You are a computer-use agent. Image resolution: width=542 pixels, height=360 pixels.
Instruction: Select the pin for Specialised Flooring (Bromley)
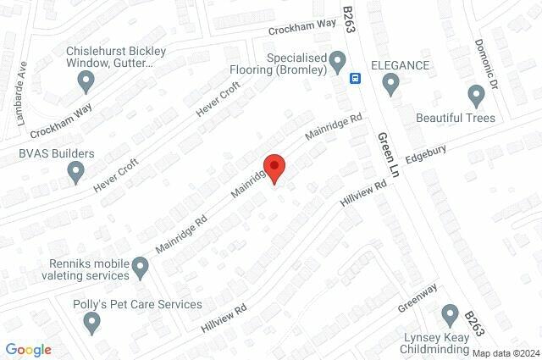pyautogui.click(x=338, y=61)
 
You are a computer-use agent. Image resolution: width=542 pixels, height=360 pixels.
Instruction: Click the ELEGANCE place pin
pyautogui.click(x=390, y=83)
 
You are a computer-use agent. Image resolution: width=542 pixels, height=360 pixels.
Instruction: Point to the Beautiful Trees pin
pyautogui.click(x=475, y=95)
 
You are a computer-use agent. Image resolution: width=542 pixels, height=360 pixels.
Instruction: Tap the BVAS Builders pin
pyautogui.click(x=76, y=173)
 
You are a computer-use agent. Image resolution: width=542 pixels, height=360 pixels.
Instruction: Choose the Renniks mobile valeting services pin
pyautogui.click(x=141, y=269)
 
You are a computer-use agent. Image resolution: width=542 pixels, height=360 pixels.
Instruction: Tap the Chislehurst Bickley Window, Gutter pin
pyautogui.click(x=86, y=81)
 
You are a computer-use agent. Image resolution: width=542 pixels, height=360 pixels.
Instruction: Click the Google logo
pyautogui.click(x=28, y=349)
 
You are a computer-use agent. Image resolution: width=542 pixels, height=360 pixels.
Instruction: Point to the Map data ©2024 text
pyautogui.click(x=505, y=353)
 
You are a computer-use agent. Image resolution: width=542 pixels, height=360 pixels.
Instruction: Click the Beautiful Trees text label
pyautogui.click(x=456, y=117)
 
